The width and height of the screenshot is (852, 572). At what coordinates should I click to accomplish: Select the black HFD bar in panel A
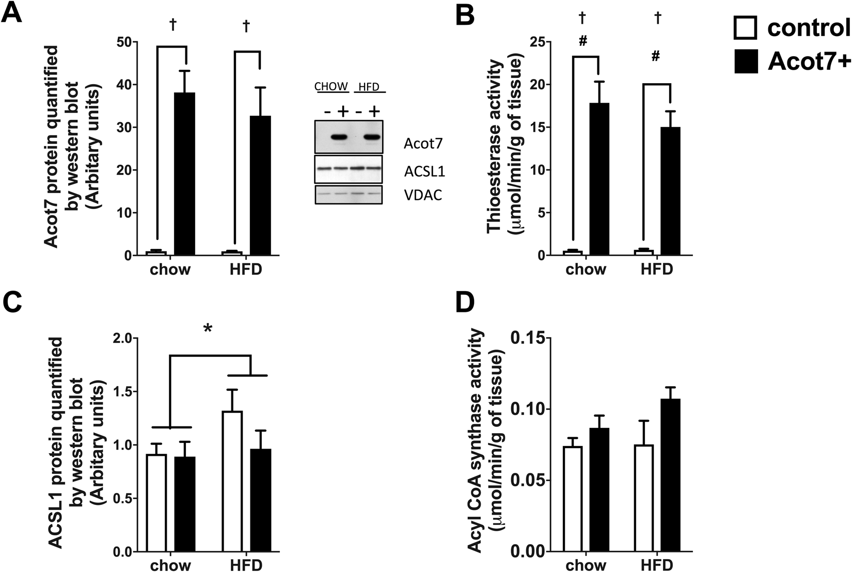[x=260, y=186]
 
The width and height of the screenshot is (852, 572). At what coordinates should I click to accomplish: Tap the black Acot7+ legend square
[x=745, y=61]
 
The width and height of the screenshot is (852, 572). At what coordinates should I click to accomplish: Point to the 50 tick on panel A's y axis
[x=123, y=42]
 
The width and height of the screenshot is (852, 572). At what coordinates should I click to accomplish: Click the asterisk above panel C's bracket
[x=208, y=328]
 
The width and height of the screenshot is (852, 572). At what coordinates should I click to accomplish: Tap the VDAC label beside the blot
[x=423, y=196]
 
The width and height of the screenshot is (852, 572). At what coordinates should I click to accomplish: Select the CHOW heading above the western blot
[x=331, y=86]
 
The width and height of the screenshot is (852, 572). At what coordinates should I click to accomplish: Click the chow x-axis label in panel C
[x=170, y=565]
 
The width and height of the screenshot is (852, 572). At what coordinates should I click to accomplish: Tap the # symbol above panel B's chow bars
[x=583, y=41]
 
